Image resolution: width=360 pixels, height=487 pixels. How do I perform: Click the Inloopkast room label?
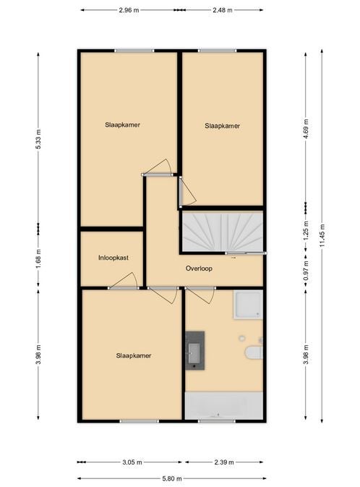pos(113,258)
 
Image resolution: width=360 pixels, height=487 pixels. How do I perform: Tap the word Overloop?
pos(199,268)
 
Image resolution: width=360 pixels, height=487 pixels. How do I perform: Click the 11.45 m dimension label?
pos(322,236)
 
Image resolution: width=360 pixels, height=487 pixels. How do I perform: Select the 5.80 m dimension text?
pos(171,478)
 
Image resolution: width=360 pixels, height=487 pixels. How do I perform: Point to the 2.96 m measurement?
pos(129,10)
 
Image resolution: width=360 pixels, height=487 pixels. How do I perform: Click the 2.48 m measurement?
pos(223,10)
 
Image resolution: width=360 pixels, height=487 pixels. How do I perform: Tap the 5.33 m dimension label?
pos(38,139)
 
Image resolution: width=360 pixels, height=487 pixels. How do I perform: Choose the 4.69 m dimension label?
pos(306,130)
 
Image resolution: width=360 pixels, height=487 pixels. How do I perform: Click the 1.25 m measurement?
pos(306,230)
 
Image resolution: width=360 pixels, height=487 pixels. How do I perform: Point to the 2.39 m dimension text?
pos(224,462)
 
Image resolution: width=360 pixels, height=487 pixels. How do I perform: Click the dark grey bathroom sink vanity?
pos(195,351)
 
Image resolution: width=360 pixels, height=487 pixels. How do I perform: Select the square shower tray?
pos(248,305)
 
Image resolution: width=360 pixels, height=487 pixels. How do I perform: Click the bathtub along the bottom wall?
pos(224,405)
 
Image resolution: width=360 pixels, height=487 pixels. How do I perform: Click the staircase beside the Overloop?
pos(222,232)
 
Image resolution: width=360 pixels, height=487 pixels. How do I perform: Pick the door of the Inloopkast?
pos(123,281)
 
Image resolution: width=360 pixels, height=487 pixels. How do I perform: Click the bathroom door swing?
pos(200,295)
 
